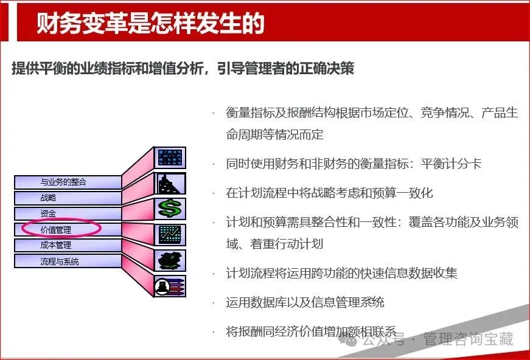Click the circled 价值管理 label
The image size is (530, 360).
(61, 229)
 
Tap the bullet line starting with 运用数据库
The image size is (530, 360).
(305, 302)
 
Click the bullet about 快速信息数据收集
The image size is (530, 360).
(341, 273)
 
